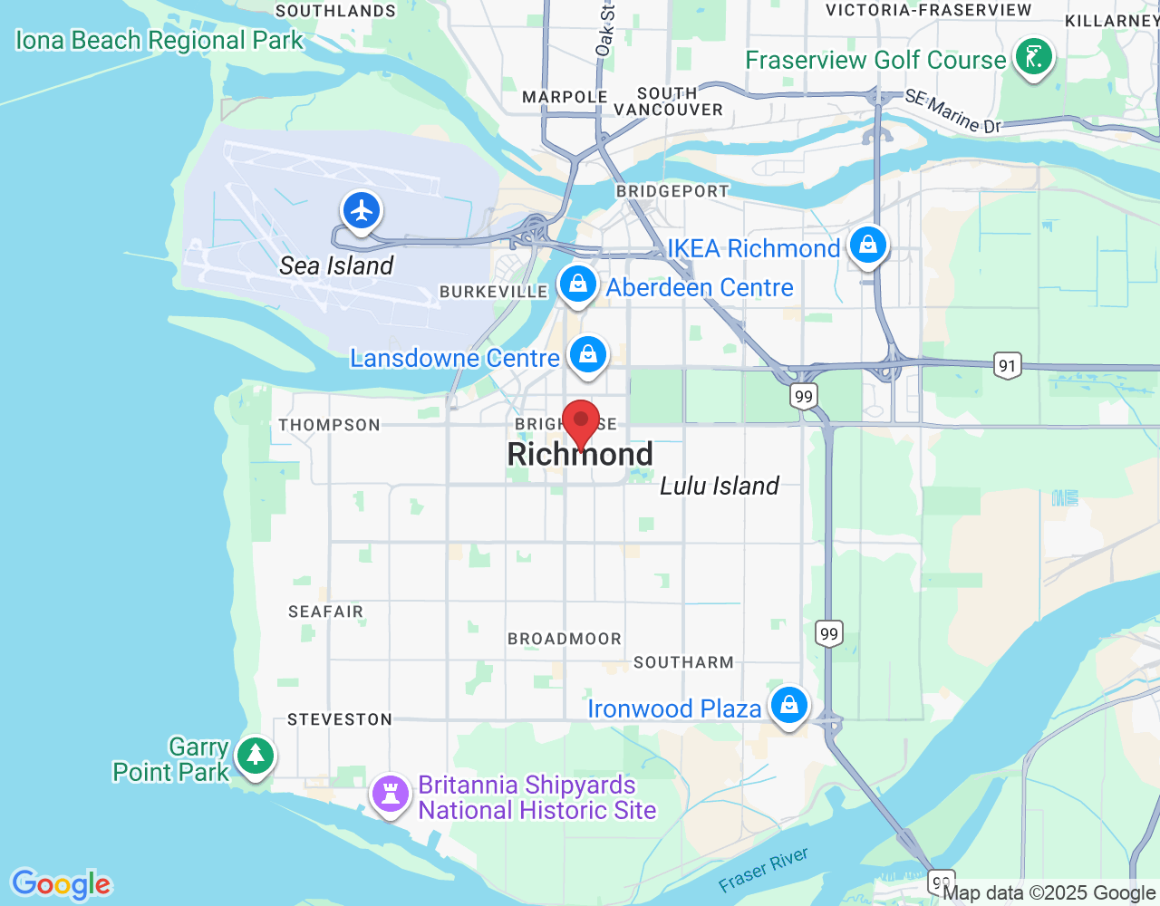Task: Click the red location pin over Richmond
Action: tap(581, 422)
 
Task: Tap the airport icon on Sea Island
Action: tap(362, 211)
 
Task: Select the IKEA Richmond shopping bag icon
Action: tap(868, 245)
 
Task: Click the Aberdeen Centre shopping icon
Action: tap(578, 284)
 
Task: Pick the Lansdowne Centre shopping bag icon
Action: tap(588, 354)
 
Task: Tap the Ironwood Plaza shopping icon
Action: tap(789, 705)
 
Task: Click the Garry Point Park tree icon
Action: tap(256, 755)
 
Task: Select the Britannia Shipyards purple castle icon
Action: tap(391, 795)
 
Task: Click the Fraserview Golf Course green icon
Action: tap(1033, 58)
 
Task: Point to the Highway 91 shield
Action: tap(1007, 365)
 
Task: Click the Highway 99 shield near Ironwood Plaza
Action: tap(829, 633)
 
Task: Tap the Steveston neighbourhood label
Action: tap(340, 719)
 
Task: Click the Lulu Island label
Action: tap(720, 487)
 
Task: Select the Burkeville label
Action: tap(493, 292)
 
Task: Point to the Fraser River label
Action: tap(763, 870)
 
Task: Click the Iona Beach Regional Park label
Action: tap(159, 41)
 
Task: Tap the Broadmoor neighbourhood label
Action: tap(565, 639)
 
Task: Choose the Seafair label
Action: tap(325, 612)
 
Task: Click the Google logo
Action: tap(61, 884)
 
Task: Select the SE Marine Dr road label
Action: tap(953, 112)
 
